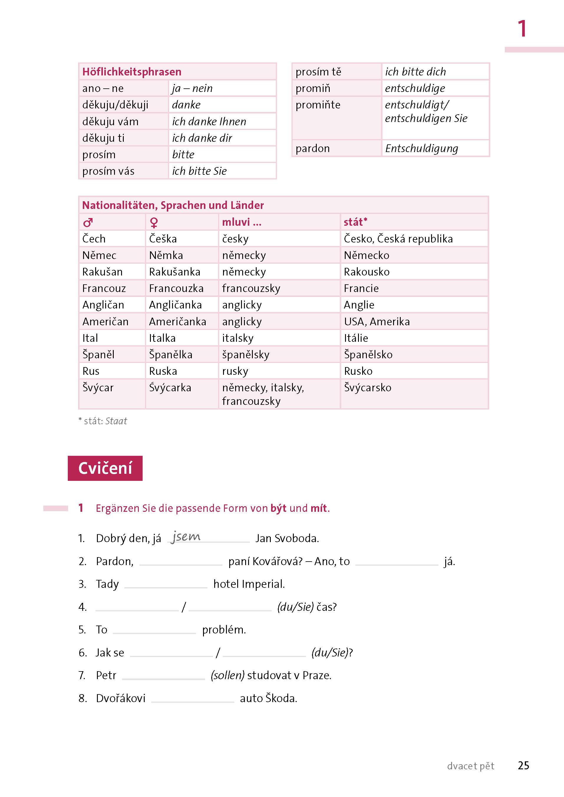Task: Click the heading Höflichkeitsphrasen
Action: pos(132,72)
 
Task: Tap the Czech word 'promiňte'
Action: pos(318,105)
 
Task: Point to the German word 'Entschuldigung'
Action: pos(422,148)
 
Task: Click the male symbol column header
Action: pos(88,222)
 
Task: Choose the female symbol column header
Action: pos(154,222)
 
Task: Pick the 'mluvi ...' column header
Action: pos(242,222)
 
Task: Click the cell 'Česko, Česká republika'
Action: pos(398,239)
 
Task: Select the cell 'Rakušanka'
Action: pos(175,272)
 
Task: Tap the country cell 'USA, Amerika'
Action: pos(377,321)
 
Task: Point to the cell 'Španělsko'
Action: pos(368,354)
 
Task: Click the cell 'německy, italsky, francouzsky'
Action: pos(263,394)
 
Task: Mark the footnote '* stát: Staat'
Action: pos(103,421)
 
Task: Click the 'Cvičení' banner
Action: pos(105,468)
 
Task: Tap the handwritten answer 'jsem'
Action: pos(186,537)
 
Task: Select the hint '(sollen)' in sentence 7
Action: pos(227,675)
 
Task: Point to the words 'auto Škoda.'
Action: pos(268,698)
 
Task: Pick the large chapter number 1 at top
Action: pos(522,29)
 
